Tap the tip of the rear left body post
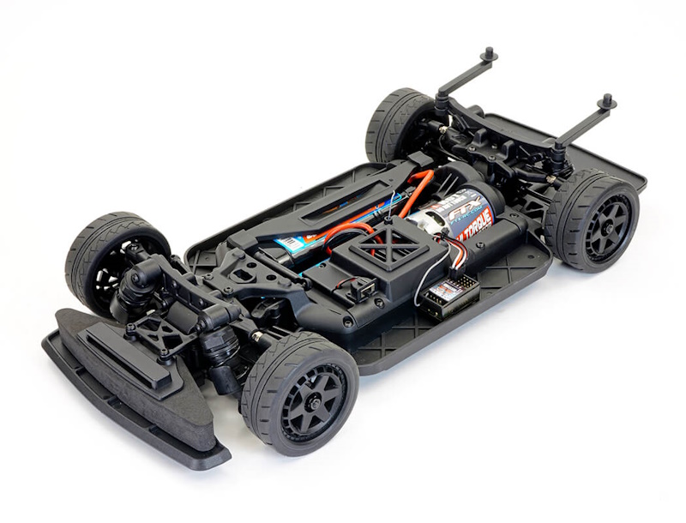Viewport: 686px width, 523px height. click(490, 55)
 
